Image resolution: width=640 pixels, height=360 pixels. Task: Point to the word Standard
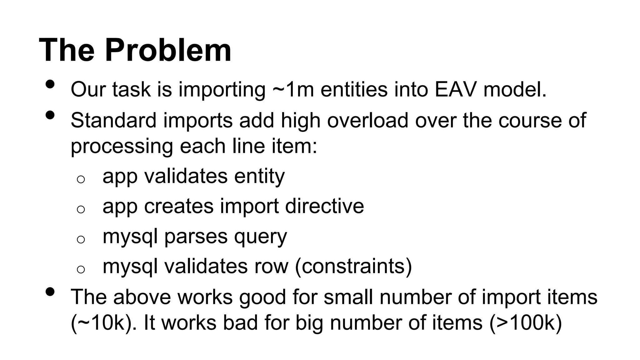click(113, 120)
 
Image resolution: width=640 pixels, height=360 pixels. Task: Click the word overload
click(367, 120)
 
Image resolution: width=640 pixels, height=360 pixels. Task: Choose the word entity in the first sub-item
click(259, 176)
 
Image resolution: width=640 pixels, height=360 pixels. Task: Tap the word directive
click(324, 206)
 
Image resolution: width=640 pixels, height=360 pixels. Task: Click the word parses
click(196, 237)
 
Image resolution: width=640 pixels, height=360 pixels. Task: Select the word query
click(260, 237)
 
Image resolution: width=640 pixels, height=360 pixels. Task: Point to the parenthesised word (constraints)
click(353, 266)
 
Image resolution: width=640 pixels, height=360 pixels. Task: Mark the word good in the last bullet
click(262, 297)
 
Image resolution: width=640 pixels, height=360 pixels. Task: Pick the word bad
click(241, 322)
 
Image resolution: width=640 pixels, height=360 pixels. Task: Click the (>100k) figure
click(526, 322)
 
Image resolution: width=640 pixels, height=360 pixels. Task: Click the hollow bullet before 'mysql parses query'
click(81, 239)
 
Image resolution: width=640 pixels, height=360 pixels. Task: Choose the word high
click(300, 120)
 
